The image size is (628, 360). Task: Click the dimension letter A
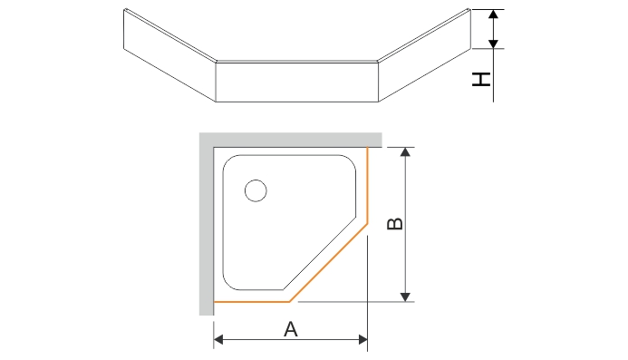tap(291, 328)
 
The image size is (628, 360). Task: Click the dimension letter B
tap(393, 224)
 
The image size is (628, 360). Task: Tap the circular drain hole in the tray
tap(256, 190)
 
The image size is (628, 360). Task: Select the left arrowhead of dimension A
tap(218, 340)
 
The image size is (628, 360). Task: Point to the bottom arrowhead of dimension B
tap(406, 296)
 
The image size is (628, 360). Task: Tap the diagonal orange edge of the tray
tap(327, 261)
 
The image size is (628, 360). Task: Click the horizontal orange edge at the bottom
tap(250, 301)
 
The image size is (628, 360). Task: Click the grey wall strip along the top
tap(290, 140)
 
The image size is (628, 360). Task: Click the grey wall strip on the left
tap(206, 227)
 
